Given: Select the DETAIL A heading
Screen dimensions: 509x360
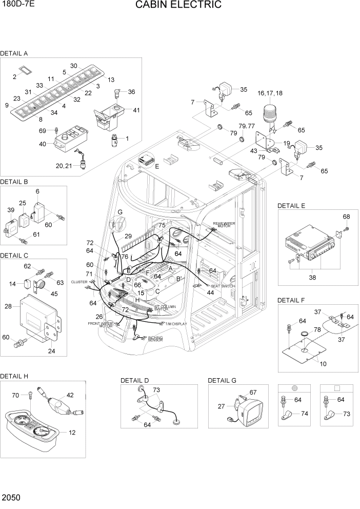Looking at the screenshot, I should (x=14, y=53).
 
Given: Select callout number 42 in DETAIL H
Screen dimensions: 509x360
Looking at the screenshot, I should (x=70, y=395).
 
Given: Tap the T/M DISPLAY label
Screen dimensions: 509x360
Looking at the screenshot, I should (x=176, y=324).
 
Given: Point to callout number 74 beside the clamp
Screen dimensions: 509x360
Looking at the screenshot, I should (x=305, y=413).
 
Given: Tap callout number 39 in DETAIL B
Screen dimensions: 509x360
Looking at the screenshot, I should (x=11, y=211).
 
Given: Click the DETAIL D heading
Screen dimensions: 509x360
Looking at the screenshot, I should (x=134, y=380).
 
